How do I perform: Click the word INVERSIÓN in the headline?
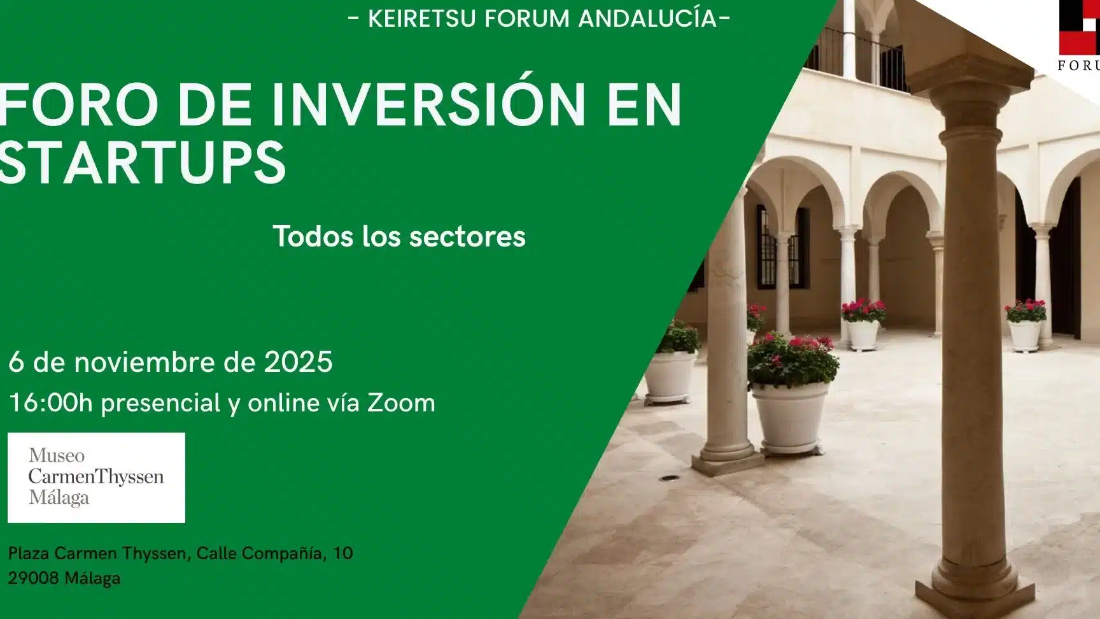428,104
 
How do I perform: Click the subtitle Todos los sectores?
399,236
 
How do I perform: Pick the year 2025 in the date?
298,362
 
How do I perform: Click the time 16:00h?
50,403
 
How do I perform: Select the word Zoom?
401,403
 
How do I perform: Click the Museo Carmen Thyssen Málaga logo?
96,478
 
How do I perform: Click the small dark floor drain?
668,477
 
